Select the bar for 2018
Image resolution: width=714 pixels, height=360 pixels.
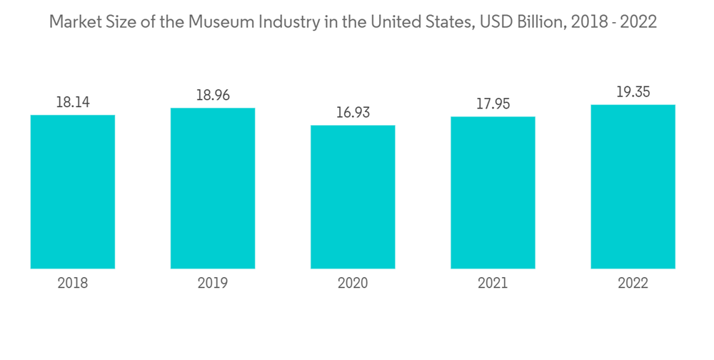point(73,191)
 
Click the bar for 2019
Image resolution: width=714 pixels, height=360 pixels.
point(213,188)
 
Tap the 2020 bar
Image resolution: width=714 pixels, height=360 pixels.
point(353,196)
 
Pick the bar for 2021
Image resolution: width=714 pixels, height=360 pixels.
point(493,192)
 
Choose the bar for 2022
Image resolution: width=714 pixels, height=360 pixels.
point(633,186)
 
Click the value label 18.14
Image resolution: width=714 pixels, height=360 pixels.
point(73,102)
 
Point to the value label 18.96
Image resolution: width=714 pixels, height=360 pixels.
point(213,95)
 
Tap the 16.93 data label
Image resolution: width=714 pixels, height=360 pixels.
point(353,112)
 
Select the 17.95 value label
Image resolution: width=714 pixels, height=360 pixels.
point(493,104)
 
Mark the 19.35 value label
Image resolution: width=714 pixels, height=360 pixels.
point(633,92)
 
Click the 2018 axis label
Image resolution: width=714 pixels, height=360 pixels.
point(73,284)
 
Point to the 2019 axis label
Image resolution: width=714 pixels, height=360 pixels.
point(213,284)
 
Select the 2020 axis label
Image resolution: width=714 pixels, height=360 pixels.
point(353,284)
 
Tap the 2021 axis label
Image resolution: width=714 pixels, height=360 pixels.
point(493,284)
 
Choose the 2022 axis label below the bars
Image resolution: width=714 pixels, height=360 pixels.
point(633,284)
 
